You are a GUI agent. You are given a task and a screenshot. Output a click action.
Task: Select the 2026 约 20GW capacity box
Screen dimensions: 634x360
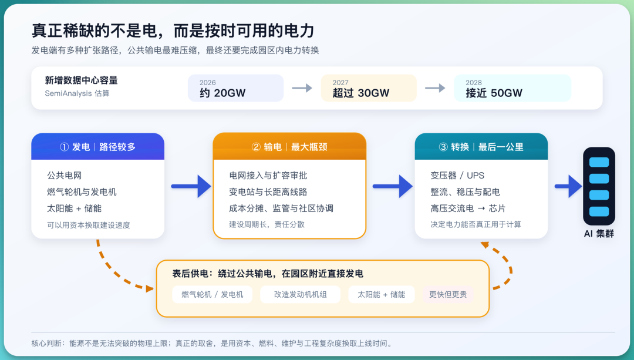point(236,88)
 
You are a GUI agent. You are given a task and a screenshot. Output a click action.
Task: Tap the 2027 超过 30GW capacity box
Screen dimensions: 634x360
point(369,88)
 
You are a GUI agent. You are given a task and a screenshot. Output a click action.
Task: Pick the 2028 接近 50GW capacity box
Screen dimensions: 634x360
point(512,88)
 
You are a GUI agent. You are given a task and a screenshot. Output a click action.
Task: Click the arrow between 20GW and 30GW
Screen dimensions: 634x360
point(302,88)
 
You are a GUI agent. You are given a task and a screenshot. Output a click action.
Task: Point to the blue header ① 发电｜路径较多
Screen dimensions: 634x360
point(98,146)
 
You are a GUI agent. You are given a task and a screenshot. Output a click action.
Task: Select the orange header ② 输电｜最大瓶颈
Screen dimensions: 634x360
point(289,146)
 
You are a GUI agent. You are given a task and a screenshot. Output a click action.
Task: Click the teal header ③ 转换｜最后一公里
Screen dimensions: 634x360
point(481,146)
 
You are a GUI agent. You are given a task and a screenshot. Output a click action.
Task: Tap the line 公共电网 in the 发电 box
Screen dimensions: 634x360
point(65,176)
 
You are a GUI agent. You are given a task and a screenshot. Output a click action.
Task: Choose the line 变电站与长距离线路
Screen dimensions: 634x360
point(268,192)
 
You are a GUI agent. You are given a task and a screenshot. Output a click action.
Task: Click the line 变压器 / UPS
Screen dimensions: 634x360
point(457,176)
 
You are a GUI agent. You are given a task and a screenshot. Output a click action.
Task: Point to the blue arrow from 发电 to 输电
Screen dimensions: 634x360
point(191,186)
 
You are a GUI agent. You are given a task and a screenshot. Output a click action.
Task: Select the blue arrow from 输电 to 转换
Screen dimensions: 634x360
point(392,186)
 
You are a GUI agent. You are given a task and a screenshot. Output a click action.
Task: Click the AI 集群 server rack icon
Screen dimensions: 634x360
point(599,186)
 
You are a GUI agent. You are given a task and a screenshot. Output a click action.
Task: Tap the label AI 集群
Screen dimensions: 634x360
point(599,234)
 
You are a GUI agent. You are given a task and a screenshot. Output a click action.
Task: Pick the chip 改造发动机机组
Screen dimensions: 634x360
point(301,294)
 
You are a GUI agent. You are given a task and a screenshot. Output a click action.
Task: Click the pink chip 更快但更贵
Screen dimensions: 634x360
point(448,294)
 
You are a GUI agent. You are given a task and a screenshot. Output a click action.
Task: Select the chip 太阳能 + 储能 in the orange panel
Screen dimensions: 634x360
point(382,294)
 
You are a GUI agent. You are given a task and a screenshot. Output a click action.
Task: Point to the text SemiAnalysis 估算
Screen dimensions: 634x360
point(77,93)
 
